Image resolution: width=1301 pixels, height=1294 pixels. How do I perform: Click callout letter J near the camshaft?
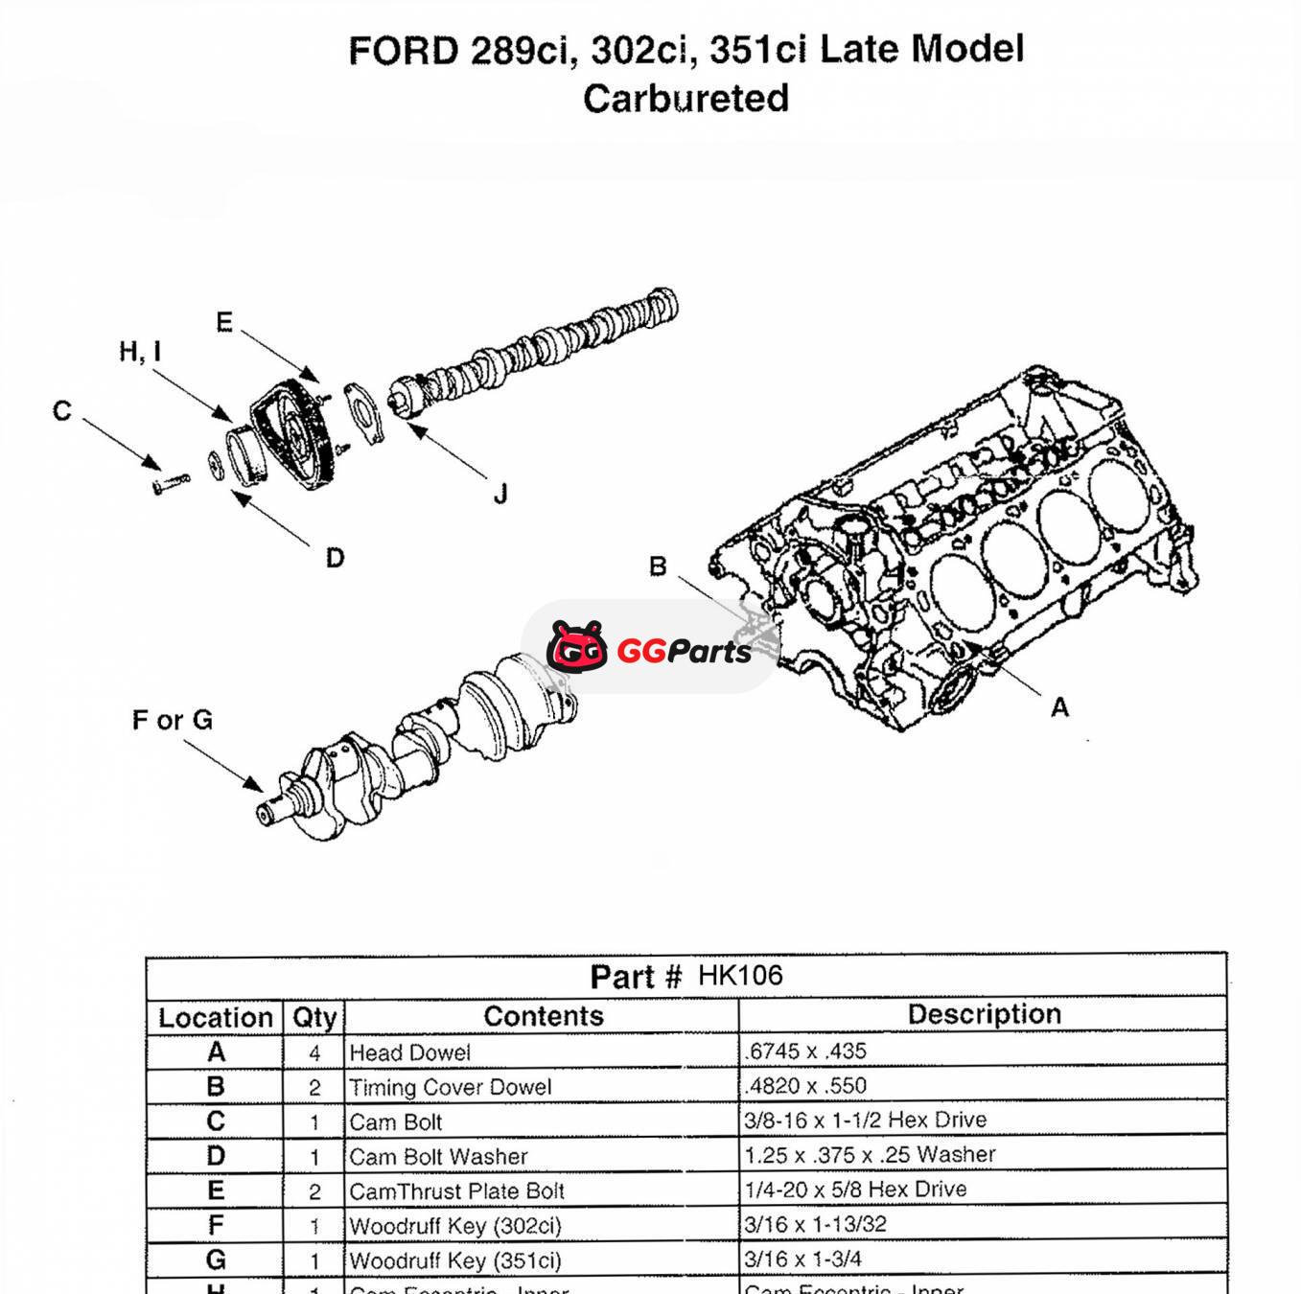[499, 495]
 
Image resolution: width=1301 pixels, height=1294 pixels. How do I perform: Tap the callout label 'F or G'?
[173, 720]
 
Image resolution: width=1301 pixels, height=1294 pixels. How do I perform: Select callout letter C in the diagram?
[62, 411]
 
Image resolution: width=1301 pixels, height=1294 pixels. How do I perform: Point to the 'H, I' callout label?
[140, 352]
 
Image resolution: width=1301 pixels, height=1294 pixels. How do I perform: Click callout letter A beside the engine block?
[1059, 707]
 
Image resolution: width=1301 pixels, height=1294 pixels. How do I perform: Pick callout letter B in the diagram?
[658, 566]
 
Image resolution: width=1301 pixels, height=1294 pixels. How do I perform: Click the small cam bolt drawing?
[171, 481]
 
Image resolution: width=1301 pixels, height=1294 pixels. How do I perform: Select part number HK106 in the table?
[740, 976]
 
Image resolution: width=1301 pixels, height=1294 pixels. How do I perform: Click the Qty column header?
[314, 1017]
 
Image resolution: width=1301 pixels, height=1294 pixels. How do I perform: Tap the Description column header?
[984, 1014]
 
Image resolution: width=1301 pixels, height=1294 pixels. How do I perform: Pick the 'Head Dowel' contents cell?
[410, 1052]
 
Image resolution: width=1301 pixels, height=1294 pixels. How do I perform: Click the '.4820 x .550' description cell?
[805, 1086]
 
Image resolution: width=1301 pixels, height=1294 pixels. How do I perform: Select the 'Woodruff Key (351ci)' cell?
[455, 1260]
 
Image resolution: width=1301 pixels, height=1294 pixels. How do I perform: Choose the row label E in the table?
[216, 1190]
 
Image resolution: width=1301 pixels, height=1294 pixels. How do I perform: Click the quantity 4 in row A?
[314, 1053]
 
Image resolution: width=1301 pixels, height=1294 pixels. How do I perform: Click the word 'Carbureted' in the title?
[685, 98]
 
